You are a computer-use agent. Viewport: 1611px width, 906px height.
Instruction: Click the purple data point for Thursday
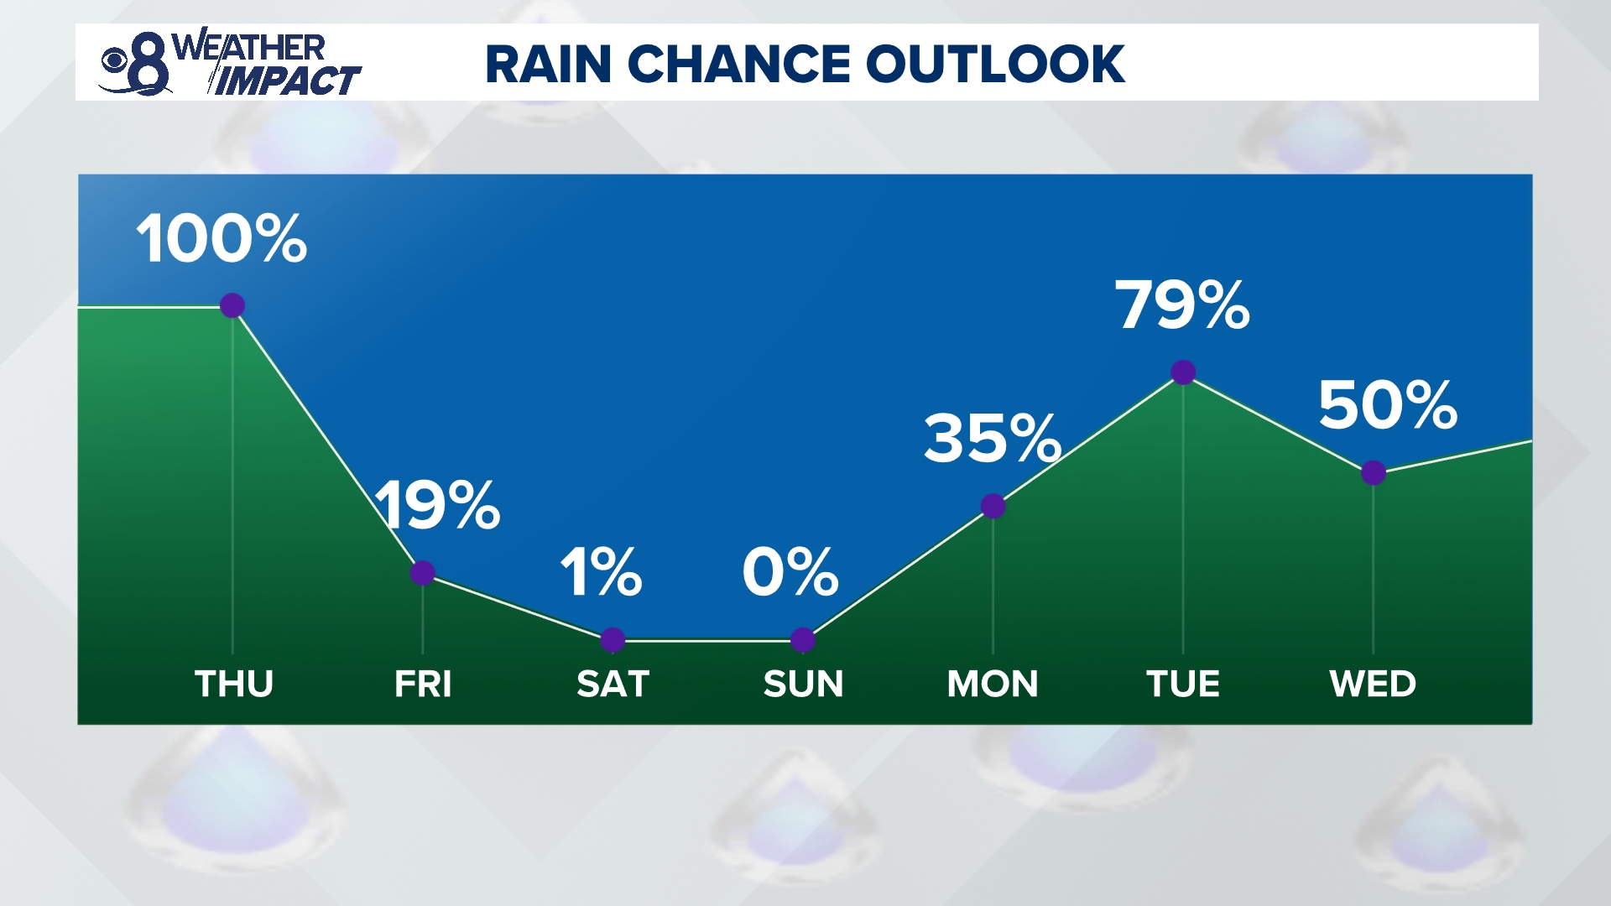[232, 305]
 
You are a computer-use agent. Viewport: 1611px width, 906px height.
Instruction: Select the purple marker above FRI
[423, 573]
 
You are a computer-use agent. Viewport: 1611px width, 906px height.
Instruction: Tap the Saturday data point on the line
[613, 640]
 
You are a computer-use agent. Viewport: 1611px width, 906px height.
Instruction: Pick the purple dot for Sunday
[803, 640]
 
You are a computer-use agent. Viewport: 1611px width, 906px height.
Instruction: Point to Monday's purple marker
[993, 506]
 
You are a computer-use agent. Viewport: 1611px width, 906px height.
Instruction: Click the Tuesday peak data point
[1183, 372]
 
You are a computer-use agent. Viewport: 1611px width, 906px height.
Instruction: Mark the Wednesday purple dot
[1374, 473]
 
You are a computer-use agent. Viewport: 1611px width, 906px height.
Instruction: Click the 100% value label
[222, 239]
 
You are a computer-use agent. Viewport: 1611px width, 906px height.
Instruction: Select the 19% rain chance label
[438, 506]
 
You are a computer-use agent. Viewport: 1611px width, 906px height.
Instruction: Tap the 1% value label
[601, 573]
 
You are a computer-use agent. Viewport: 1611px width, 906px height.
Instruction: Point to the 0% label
[790, 573]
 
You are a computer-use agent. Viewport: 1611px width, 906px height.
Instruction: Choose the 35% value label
[993, 439]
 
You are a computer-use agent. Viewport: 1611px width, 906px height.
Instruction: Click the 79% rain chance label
[1182, 305]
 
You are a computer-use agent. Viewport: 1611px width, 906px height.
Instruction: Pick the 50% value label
[1388, 406]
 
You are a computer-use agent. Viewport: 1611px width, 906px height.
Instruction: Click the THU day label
[234, 684]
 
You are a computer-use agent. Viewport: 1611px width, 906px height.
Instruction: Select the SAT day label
[613, 684]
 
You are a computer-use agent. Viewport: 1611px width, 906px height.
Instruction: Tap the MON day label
[993, 684]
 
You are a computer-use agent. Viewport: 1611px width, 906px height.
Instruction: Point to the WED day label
[1373, 684]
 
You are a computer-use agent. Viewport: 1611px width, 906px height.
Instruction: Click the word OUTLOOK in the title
[995, 64]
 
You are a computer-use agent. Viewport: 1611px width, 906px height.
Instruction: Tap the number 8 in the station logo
[149, 65]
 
